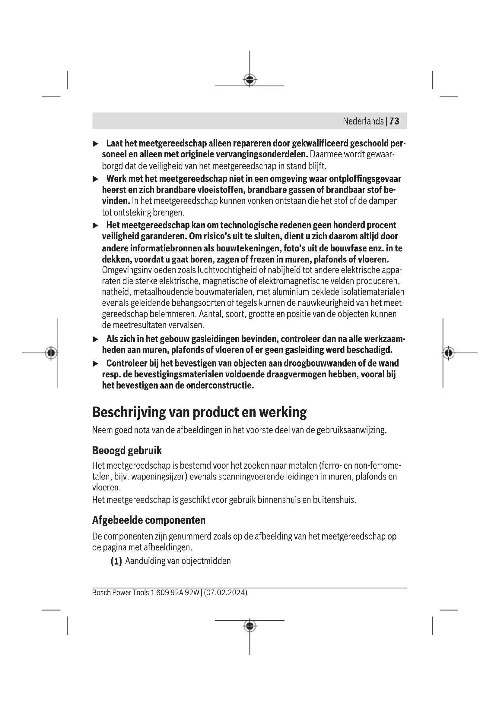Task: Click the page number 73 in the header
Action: coord(394,121)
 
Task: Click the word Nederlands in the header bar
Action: coord(363,121)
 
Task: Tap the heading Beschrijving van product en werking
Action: coord(199,412)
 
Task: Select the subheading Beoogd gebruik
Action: coord(127,450)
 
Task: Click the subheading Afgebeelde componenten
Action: coord(149,520)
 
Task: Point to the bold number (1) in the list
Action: coord(116,561)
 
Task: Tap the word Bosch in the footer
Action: coord(101,592)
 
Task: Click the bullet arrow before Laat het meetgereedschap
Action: coord(96,144)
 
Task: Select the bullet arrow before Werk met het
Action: coord(96,179)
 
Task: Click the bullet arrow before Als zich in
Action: coord(96,339)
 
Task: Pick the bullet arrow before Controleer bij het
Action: coord(96,364)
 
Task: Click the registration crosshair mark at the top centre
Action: coord(250,80)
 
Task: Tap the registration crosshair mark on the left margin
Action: coord(51,353)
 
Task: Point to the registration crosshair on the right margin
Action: coord(449,353)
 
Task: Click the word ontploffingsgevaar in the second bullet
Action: coord(365,179)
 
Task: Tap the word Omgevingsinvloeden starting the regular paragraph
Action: coord(139,270)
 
